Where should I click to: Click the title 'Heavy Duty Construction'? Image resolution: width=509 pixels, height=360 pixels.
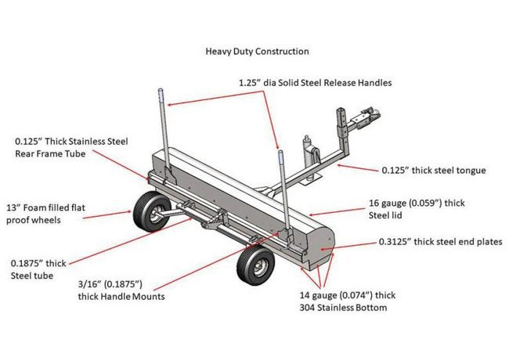pos(257,52)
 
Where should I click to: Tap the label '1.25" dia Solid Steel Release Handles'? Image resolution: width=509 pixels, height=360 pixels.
pos(315,82)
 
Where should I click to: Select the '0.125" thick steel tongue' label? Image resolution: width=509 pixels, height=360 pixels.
pos(433,170)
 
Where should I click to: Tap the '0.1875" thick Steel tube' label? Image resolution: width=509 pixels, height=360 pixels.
pos(40,268)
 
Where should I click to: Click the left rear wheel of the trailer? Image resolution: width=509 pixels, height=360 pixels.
pos(145,211)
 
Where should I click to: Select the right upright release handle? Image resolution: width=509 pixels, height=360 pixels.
pos(279,188)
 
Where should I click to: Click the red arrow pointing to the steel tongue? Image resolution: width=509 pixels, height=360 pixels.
pos(356,167)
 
